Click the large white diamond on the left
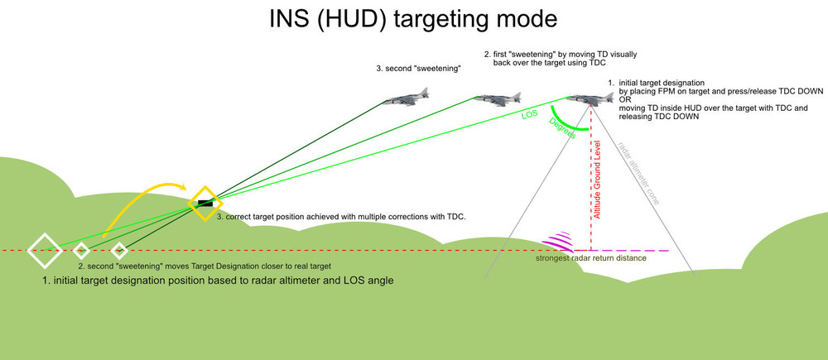tap(44, 250)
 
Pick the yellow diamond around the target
tap(205, 204)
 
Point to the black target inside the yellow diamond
tap(205, 204)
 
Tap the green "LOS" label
tap(530, 116)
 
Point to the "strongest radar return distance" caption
tap(590, 259)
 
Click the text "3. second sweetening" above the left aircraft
tap(418, 70)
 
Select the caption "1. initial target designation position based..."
tap(218, 281)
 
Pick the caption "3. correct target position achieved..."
tap(342, 217)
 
